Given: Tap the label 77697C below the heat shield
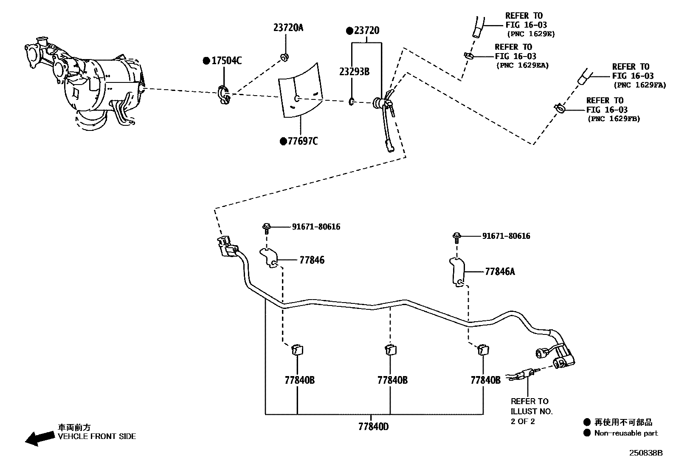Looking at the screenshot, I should tap(302, 141).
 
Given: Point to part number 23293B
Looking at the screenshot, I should tap(354, 71).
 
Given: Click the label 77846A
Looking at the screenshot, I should tap(499, 272).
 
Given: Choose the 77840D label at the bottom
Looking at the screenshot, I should tap(373, 426).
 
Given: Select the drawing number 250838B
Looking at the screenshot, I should tap(645, 453).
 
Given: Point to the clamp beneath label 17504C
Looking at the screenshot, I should tap(224, 95).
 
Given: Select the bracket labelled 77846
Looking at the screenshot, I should tap(269, 258).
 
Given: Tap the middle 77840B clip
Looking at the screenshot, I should tap(390, 350).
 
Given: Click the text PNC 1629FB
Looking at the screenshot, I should tap(614, 119).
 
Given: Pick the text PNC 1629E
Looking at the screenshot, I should tap(530, 34).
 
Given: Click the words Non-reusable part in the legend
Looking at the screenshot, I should tap(625, 433).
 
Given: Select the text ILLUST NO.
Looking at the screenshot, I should tap(532, 411).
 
